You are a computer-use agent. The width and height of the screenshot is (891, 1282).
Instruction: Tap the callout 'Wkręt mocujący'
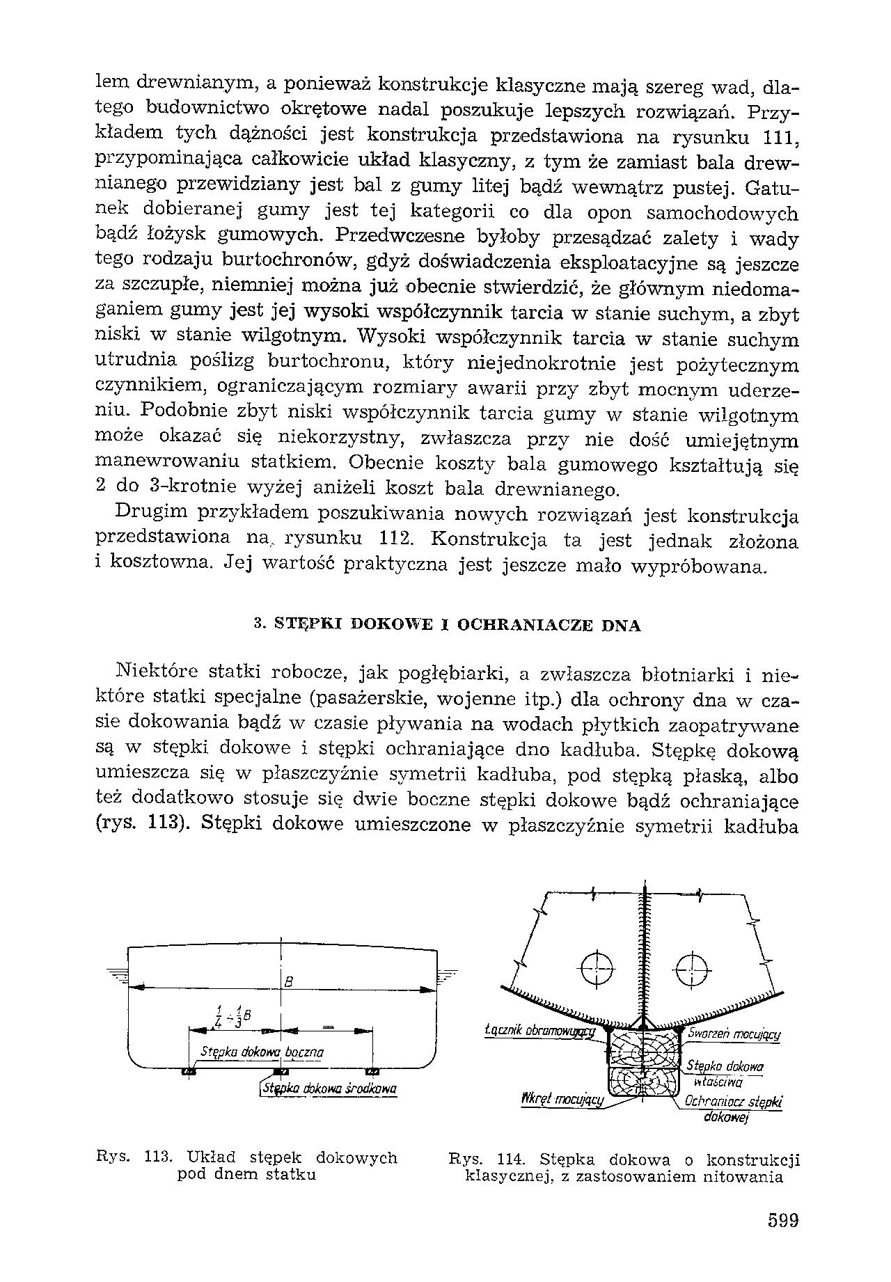[562, 1098]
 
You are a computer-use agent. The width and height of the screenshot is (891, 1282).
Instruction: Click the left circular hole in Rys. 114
[598, 968]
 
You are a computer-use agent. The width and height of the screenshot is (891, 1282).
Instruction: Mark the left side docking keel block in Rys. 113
[188, 1071]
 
